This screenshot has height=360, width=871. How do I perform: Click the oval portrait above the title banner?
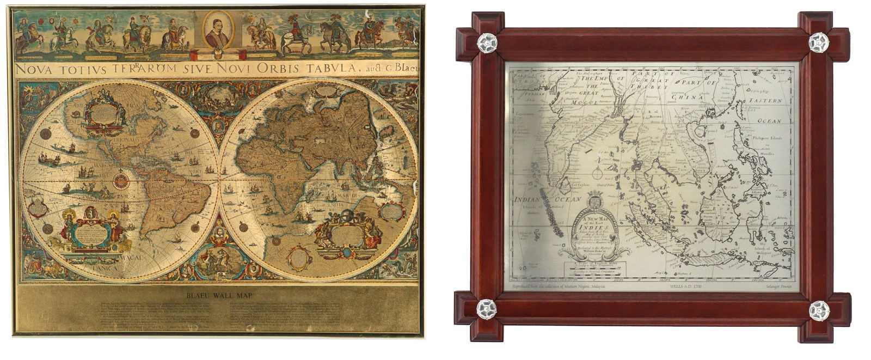[x=217, y=31]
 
